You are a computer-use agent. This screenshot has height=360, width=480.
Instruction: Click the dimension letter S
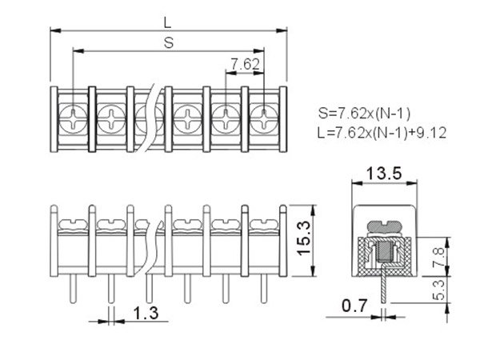169,43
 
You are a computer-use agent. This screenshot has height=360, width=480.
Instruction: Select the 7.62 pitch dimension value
245,63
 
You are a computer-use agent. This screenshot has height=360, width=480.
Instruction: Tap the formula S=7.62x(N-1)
364,112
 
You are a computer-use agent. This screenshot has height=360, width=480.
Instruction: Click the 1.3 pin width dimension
145,313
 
